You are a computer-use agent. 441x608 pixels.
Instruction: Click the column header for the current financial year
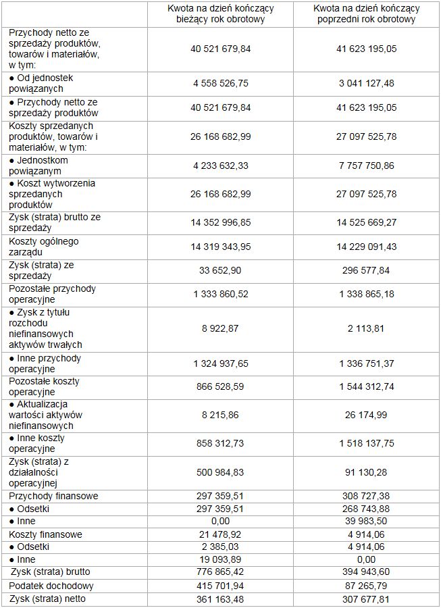click(220, 14)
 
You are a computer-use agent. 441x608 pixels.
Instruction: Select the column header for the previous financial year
click(365, 14)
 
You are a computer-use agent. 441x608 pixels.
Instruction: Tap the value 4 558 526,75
click(220, 83)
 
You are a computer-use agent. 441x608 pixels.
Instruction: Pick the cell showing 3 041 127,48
click(365, 83)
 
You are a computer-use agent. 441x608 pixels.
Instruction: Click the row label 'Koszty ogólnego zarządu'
click(44, 247)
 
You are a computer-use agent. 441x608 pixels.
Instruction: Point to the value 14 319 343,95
click(220, 247)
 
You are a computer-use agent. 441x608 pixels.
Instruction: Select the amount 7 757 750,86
click(365, 166)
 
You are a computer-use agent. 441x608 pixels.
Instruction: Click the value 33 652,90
click(220, 270)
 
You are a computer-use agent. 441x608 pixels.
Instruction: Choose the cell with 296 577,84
click(365, 270)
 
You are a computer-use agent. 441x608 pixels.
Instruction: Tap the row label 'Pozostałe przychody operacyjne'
click(52, 294)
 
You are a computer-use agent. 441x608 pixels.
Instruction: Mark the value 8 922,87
click(220, 328)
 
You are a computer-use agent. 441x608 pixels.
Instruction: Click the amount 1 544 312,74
click(365, 386)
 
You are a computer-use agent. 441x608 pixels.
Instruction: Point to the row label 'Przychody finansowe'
click(53, 496)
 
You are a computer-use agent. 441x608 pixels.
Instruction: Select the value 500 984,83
click(220, 472)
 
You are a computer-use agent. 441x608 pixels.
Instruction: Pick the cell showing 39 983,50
click(365, 522)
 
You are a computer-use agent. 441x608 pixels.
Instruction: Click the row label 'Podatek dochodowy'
click(51, 586)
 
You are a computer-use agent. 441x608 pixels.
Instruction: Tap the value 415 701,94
click(220, 586)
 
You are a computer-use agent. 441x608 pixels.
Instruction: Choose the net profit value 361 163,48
click(220, 599)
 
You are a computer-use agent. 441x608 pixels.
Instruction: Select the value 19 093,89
click(220, 559)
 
